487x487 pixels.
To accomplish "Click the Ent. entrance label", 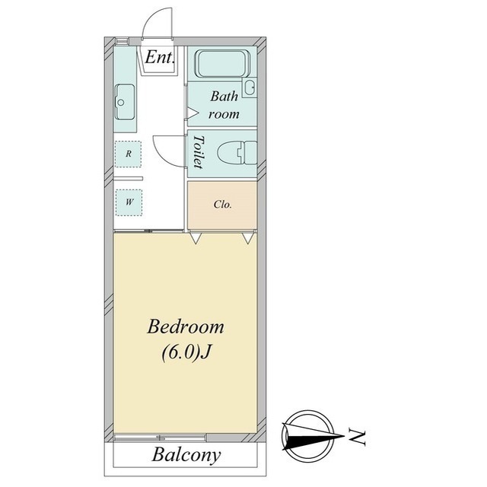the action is pos(160,57).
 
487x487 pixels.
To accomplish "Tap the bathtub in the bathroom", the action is pos(222,63).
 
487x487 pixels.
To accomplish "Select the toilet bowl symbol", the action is pos(237,152).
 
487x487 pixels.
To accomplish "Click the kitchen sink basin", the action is pos(125,101).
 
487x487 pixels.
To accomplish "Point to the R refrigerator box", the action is pos(129,154).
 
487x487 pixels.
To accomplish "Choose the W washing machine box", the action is pos(129,202).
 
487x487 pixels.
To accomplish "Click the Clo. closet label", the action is pos(223,205).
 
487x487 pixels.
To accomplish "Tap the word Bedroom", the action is pos(186,326).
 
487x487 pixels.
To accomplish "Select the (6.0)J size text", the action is pos(186,352).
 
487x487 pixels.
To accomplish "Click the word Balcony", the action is pos(186,455).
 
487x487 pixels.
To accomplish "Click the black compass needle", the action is pos(313,437).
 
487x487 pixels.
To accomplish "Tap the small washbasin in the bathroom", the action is pos(250,88).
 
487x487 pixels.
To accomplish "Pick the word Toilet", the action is pos(198,152).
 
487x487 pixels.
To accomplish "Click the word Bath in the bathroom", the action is pos(224,96).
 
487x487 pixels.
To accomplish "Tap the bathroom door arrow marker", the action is pos(193,113).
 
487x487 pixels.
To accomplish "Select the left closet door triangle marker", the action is pos(196,238).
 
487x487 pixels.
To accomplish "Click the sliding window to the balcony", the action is pos(160,438).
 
